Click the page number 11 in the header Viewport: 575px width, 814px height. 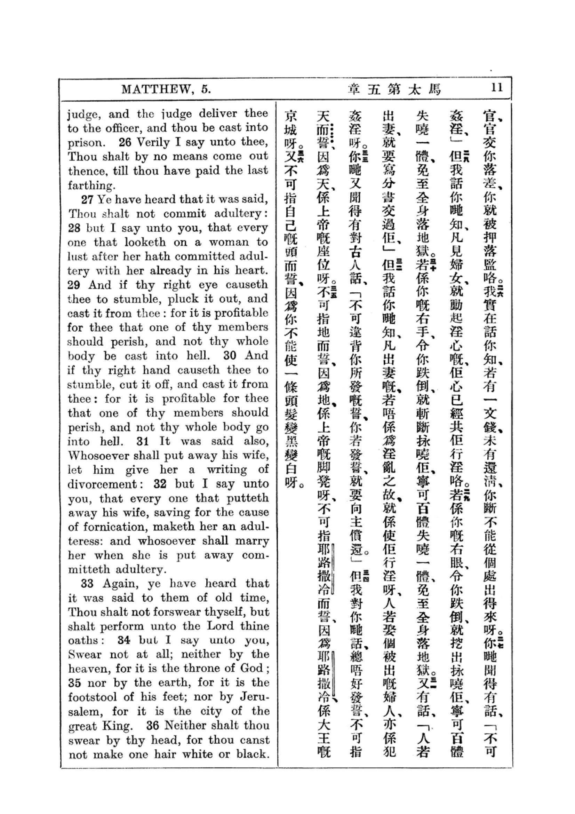(497, 88)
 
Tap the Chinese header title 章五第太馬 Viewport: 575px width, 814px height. (395, 90)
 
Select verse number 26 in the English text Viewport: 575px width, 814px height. (125, 143)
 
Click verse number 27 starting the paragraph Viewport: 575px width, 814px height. (87, 200)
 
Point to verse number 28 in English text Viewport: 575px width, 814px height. (74, 228)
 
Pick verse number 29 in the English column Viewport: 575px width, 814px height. (74, 285)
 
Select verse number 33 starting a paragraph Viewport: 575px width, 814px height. (87, 584)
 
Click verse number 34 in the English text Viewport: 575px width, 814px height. (124, 641)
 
